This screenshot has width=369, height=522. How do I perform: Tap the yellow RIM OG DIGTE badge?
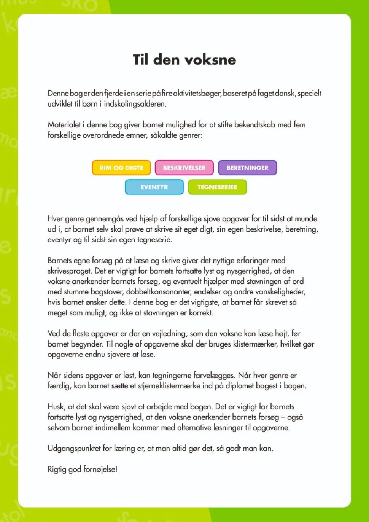point(121,168)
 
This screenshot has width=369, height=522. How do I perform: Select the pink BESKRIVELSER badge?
point(184,168)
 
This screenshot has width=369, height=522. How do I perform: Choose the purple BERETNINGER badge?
point(247,168)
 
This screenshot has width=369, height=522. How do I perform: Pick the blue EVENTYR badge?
point(154,187)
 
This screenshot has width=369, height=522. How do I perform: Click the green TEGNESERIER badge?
point(217,187)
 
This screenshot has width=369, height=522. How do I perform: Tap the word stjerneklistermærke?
point(169,386)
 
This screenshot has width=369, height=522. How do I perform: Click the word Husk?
point(56,407)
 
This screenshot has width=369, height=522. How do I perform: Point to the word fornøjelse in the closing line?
point(100,469)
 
